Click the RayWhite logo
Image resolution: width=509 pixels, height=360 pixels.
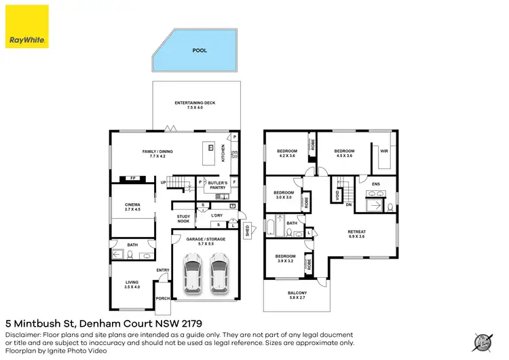[27, 26]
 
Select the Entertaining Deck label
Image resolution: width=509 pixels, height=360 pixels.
[195, 105]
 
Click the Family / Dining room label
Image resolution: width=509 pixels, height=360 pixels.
[153, 154]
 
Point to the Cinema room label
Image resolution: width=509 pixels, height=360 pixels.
[132, 207]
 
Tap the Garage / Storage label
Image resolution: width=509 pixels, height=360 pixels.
[205, 240]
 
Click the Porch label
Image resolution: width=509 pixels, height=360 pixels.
[163, 298]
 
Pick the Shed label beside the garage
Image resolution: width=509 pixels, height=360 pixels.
[248, 229]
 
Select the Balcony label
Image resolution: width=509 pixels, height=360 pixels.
[297, 295]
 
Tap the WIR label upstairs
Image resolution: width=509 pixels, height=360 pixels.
[383, 151]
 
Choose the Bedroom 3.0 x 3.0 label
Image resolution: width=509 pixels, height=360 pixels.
[283, 195]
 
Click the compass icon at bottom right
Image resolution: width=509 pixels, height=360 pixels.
[484, 342]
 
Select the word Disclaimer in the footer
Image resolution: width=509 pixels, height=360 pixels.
[22, 335]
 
